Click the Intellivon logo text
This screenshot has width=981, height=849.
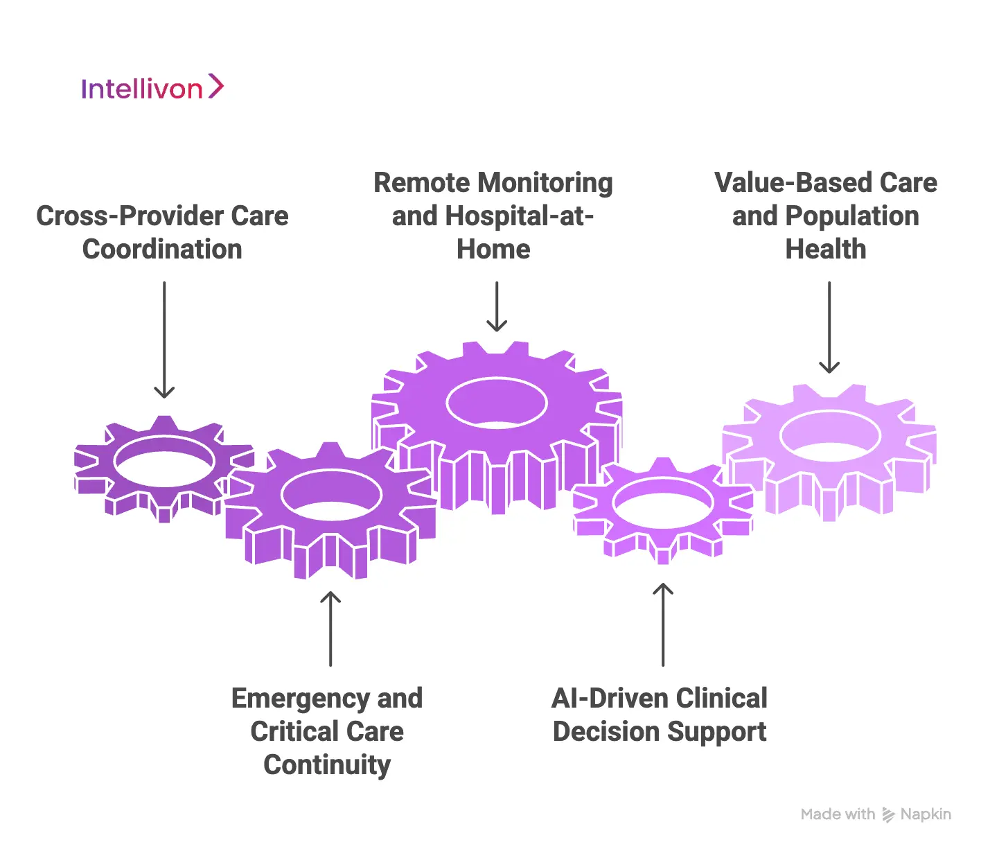141,89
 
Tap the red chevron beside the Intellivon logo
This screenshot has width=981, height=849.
216,87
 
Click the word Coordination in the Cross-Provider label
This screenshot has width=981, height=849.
162,250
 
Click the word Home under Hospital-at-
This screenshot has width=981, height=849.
493,250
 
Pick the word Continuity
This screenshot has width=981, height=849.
327,765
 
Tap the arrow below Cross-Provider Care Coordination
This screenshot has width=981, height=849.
164,340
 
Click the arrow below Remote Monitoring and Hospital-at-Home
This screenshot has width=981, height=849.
497,306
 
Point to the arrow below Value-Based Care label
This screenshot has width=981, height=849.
829,327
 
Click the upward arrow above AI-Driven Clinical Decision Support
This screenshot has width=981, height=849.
663,624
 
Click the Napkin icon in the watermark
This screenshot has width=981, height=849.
888,815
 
